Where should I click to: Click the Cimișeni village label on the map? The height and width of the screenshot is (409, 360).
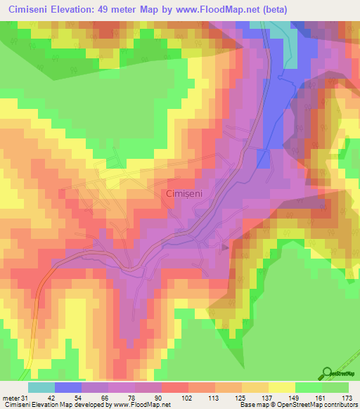(186, 193)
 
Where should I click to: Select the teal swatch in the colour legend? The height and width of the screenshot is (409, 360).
(41, 387)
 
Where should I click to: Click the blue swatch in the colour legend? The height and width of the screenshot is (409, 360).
(67, 387)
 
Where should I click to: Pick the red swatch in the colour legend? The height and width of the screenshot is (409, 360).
(174, 387)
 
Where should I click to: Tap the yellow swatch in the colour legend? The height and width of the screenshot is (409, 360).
(281, 387)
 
